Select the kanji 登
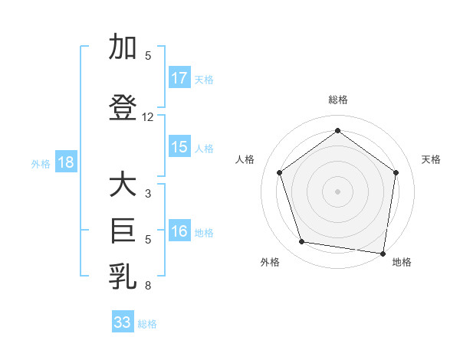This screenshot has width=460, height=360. [x=123, y=108]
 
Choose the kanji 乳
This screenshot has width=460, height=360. [x=123, y=276]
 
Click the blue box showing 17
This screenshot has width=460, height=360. [x=179, y=77]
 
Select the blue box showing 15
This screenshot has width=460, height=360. [x=179, y=147]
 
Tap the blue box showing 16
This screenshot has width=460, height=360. [x=179, y=231]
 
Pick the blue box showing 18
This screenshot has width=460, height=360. [x=64, y=162]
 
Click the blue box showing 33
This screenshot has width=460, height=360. [x=123, y=322]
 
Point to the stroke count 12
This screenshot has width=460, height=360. [x=148, y=117]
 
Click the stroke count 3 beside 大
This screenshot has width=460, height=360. [x=148, y=194]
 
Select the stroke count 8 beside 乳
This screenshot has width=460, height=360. [x=148, y=286]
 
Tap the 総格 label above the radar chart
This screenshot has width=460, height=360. [x=337, y=100]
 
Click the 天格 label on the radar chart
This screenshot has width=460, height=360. [x=431, y=159]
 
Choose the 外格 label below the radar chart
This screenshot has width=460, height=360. [x=270, y=262]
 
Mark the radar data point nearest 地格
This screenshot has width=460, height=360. [x=383, y=253]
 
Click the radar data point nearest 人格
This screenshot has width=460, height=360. [x=279, y=172]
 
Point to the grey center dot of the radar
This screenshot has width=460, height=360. [x=337, y=191]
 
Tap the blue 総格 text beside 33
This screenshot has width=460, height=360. [x=147, y=324]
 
